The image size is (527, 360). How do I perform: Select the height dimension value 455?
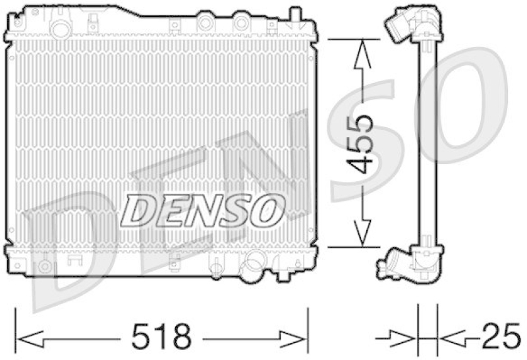[360, 143]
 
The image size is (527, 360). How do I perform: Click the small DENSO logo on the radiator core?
[201, 210]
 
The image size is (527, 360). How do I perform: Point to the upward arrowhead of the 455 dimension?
[360, 49]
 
